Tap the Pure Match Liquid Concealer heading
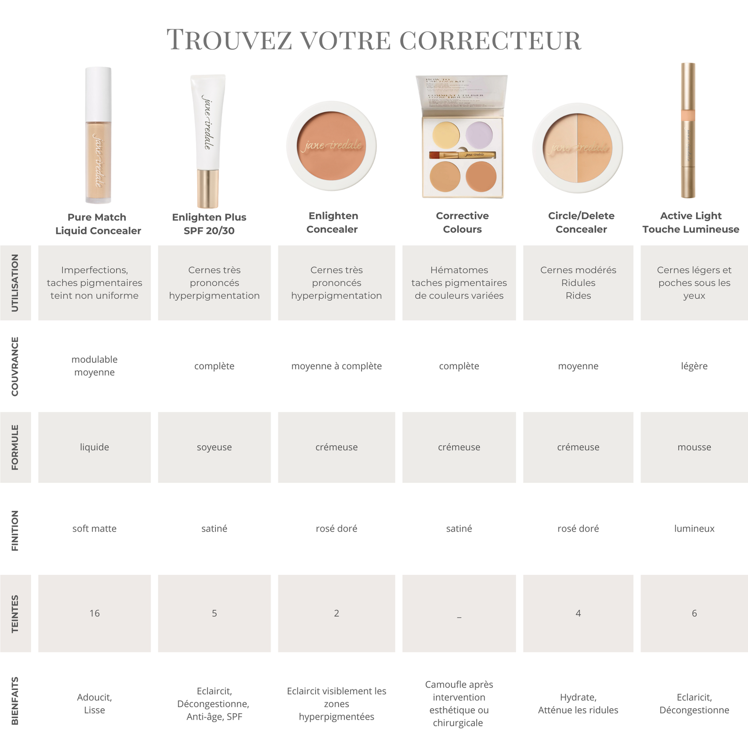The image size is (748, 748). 98,224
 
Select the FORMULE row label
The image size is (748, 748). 14,447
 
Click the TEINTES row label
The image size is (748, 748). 14,613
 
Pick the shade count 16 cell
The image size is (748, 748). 94,613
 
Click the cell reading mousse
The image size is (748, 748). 694,447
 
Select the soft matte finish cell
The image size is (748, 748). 94,529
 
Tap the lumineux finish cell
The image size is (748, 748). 694,529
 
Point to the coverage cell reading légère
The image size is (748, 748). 694,366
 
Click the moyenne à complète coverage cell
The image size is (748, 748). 336,366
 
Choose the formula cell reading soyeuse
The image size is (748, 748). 214,447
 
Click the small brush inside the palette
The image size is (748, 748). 462,155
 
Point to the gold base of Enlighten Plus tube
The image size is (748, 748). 208,188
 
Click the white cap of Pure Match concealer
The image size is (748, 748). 98,93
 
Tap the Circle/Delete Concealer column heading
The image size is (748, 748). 581,223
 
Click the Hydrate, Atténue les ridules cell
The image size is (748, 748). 578,703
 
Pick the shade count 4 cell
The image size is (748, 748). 578,613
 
